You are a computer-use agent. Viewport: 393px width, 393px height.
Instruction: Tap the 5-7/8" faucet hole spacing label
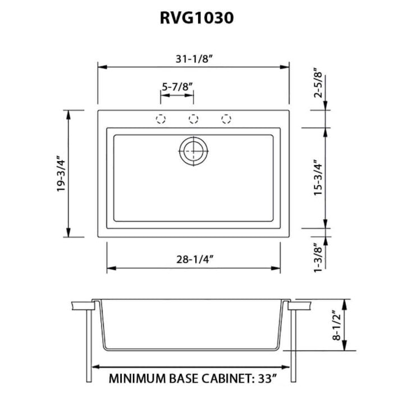[177, 86]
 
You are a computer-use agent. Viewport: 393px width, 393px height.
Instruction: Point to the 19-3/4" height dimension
[61, 174]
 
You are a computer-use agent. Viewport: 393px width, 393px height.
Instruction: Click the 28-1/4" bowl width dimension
[194, 260]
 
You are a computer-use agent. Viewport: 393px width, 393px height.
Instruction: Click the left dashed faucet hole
[161, 118]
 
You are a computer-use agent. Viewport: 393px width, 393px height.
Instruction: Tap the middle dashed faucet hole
[194, 118]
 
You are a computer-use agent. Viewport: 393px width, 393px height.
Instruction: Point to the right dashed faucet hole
[226, 118]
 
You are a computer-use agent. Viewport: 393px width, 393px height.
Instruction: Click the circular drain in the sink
[194, 151]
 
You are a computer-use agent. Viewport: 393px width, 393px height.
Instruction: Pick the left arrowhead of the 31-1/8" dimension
[101, 66]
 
